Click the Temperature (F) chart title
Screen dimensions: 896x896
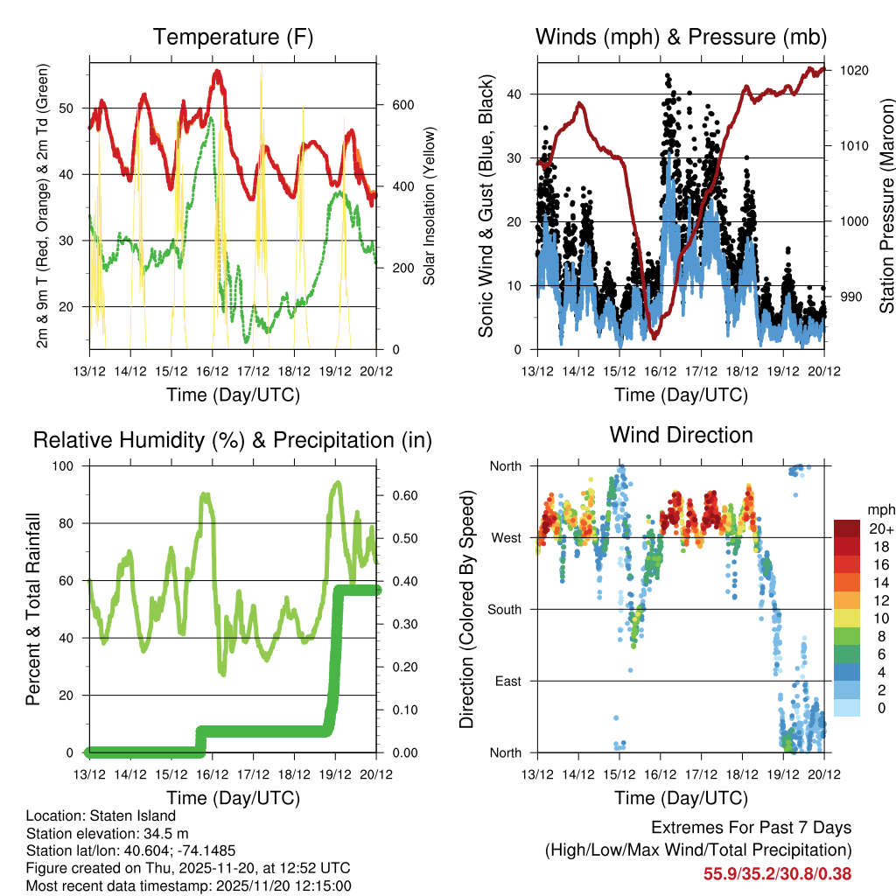[233, 38]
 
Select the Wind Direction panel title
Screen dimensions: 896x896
[681, 435]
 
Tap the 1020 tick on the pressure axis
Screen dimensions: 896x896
[853, 71]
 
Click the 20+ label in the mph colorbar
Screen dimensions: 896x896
[880, 529]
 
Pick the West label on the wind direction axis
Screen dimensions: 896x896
[506, 537]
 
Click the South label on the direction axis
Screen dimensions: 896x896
[504, 609]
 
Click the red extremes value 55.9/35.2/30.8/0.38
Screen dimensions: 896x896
[777, 873]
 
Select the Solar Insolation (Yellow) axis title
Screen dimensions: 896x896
[430, 206]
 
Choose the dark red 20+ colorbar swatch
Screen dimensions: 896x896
[846, 528]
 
